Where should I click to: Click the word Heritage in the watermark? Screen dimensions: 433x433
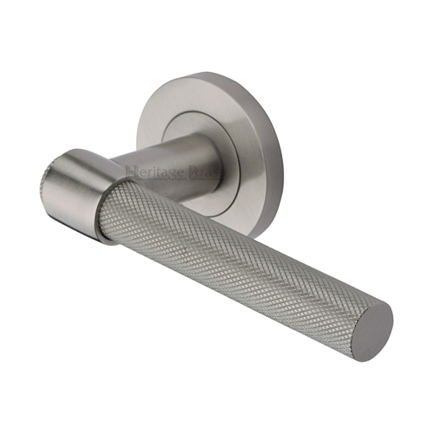[154, 171]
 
